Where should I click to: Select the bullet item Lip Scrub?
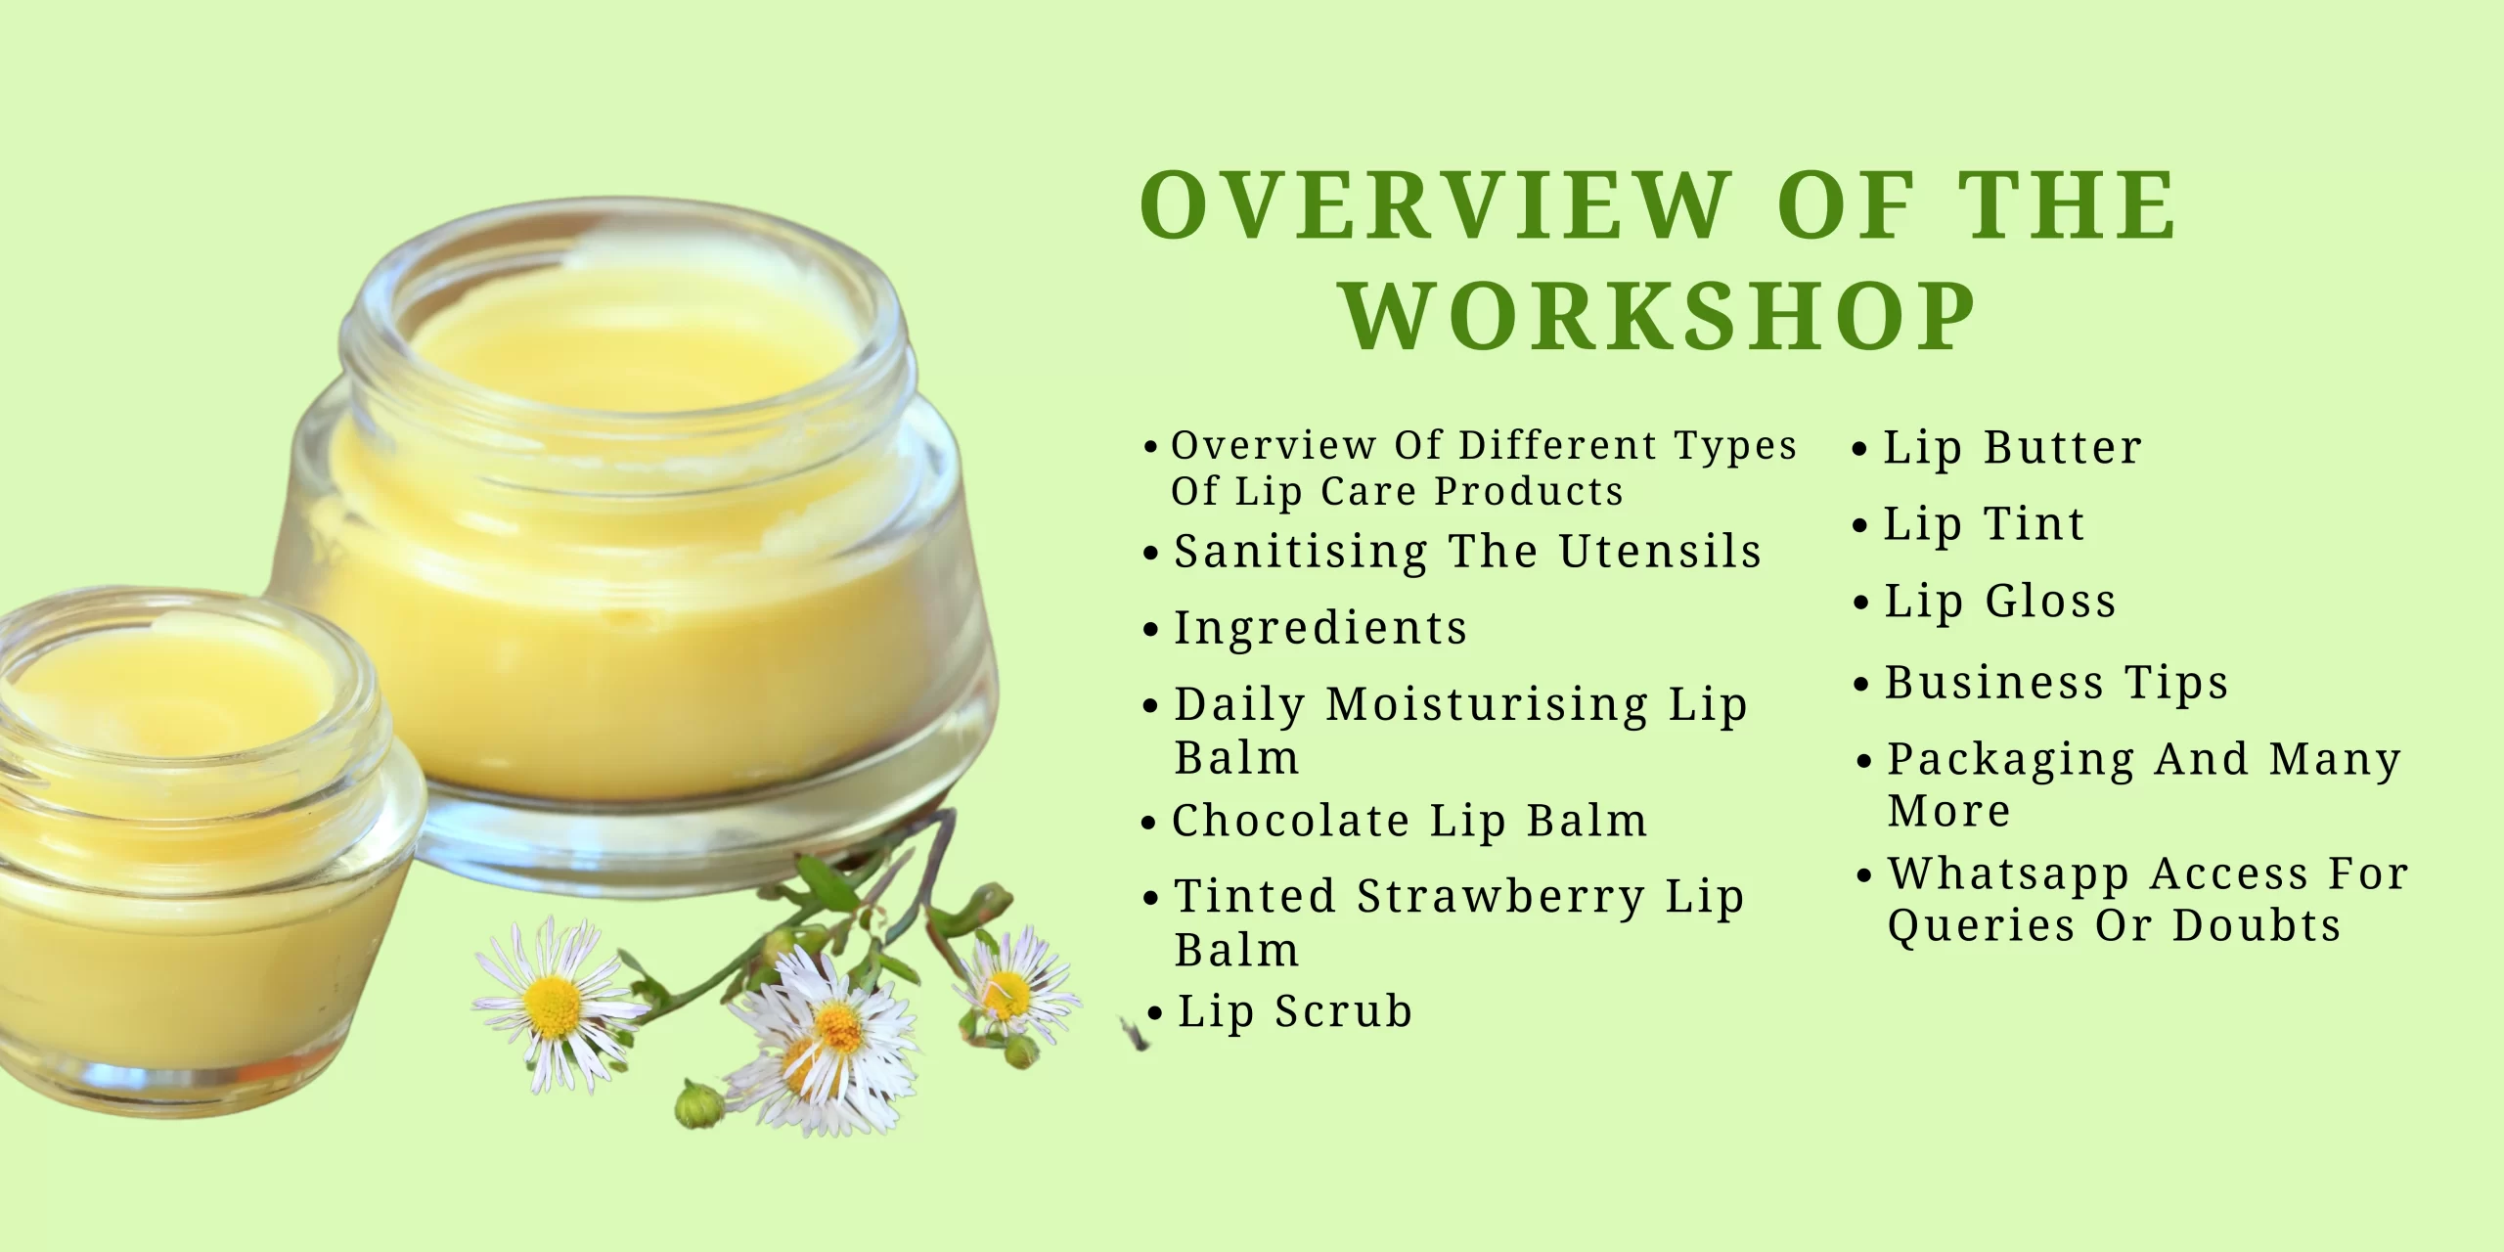point(1294,1011)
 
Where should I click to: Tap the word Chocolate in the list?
point(1290,820)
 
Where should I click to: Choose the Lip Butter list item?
point(2012,448)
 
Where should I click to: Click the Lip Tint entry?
point(1984,524)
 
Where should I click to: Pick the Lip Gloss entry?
point(1999,601)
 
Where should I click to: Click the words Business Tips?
point(2055,682)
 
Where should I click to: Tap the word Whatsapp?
point(2008,873)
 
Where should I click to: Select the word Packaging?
point(2010,760)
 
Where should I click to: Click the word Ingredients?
point(1320,628)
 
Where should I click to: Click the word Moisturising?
point(1487,704)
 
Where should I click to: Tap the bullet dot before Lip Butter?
point(1859,450)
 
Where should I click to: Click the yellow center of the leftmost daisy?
point(554,1006)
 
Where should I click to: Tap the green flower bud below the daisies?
point(698,1105)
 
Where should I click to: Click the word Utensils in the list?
point(1660,552)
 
